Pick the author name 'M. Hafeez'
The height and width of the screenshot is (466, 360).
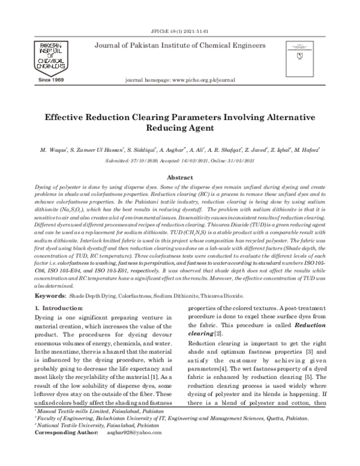[x=305, y=148]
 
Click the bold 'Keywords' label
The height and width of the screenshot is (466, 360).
[x=50, y=296]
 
